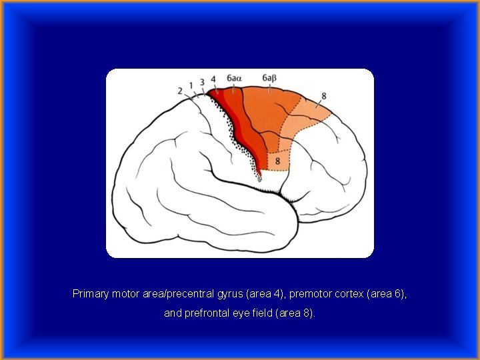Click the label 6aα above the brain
tap(233, 79)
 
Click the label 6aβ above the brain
tap(269, 79)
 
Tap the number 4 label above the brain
tap(213, 80)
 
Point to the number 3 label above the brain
tap(202, 82)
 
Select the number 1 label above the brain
tap(191, 85)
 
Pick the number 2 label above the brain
tap(180, 90)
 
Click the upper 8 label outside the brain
tap(323, 96)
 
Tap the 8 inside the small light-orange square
tap(277, 161)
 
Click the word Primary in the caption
tap(89, 293)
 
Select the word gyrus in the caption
tap(229, 293)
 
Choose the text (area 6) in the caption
tap(387, 293)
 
